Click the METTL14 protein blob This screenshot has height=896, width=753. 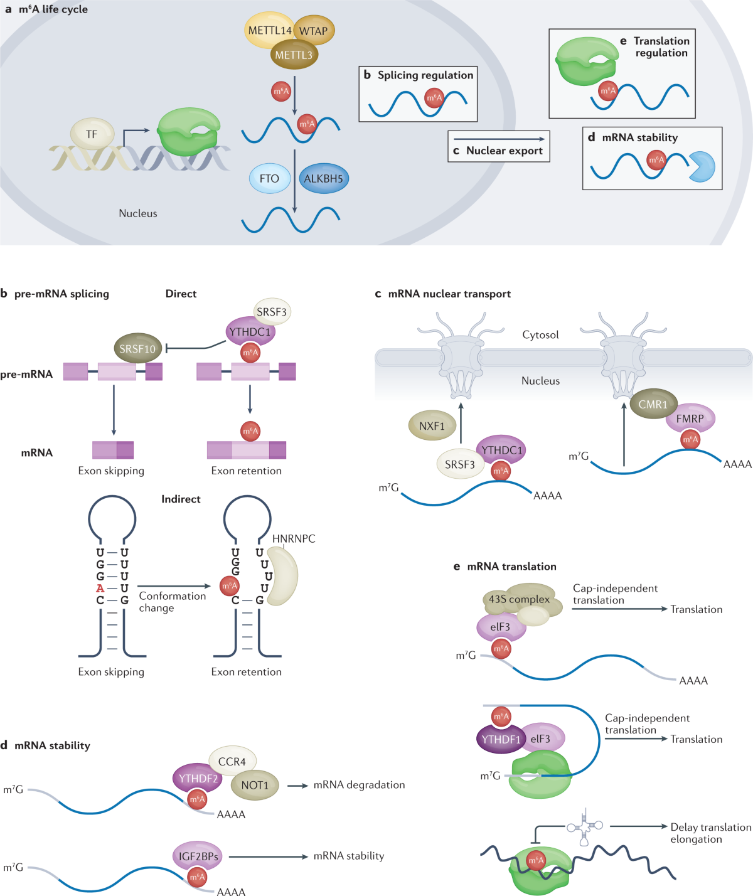pos(269,30)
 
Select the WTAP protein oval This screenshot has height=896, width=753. pos(314,31)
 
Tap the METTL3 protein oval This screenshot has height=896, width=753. pos(294,55)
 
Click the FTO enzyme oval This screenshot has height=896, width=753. pos(269,179)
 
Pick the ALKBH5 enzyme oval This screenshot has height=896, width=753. pos(323,179)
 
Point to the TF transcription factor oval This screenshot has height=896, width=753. pos(92,134)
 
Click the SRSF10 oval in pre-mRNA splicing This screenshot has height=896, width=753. pos(137,349)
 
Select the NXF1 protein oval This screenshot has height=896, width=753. pos(432,426)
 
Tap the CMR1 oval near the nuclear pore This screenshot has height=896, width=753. pos(653,405)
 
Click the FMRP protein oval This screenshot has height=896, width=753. pos(690,419)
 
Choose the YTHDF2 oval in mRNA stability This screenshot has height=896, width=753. pos(198,779)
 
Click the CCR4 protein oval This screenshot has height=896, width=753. pos(232,762)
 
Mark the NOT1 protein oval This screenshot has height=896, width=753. pos(255,785)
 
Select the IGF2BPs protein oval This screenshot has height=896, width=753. pos(198,856)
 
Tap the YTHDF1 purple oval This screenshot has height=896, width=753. pos(501,739)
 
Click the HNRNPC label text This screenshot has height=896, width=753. pos(294,539)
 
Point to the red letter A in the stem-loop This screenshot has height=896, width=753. pos(100,589)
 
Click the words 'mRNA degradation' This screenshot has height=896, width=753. pos(359,785)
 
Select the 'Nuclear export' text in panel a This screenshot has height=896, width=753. pos(504,151)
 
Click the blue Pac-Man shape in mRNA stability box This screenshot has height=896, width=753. pos(702,166)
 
